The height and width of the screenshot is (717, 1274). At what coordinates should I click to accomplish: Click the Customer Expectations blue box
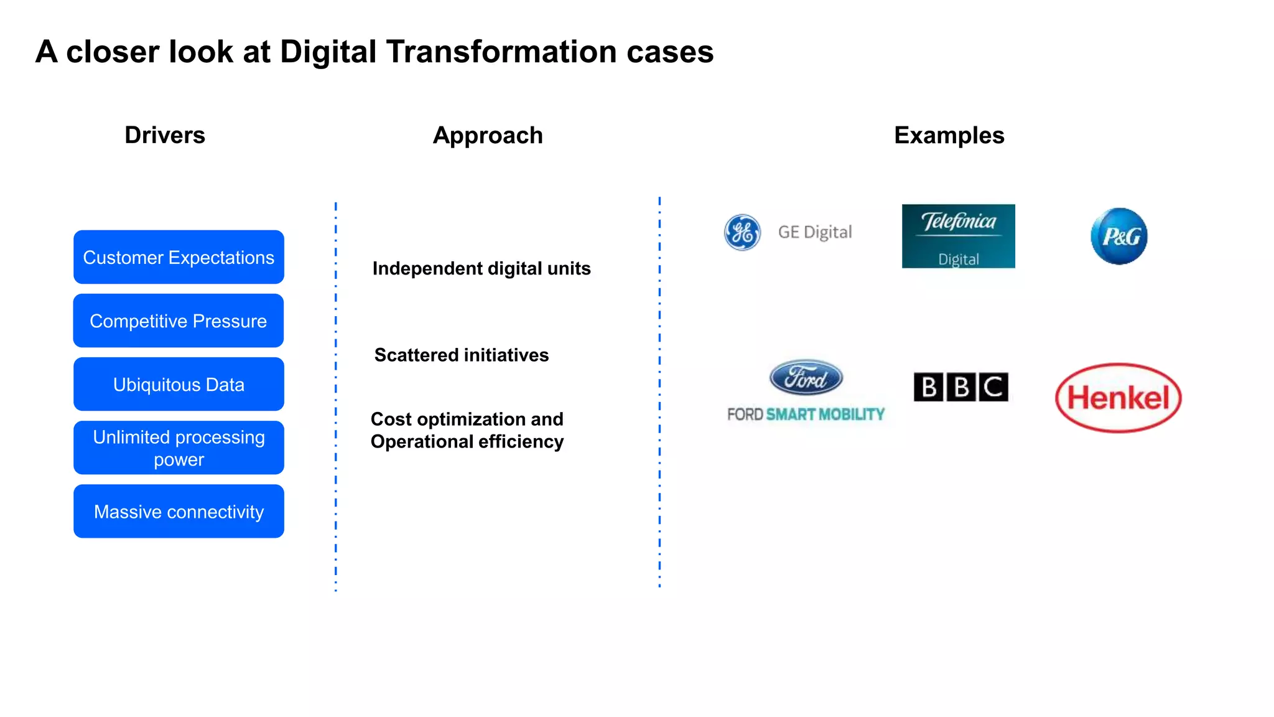point(179,257)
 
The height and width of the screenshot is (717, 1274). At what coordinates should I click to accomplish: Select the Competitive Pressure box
point(179,321)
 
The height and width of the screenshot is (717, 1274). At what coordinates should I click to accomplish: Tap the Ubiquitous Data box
point(179,384)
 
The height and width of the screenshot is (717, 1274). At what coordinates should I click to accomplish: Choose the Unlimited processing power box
point(179,448)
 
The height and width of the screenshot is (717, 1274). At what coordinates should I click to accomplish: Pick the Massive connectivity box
point(179,511)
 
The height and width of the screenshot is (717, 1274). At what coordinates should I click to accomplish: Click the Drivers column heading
point(165,135)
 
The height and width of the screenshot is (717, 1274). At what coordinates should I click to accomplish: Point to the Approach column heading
point(488,135)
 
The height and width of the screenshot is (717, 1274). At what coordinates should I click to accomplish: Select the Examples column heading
point(949,135)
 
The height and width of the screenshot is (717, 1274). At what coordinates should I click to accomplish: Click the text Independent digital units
point(481,268)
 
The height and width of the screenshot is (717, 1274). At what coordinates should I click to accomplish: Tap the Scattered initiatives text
point(461,355)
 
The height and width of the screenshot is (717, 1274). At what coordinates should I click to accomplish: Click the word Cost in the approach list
point(391,419)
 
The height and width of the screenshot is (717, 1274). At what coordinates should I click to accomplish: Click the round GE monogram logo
point(742,232)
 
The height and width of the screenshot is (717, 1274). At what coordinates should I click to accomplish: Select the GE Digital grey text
point(814,232)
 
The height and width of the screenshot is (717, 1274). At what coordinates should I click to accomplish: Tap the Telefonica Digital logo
point(958,236)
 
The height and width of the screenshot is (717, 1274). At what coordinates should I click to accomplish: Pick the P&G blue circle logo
point(1118,236)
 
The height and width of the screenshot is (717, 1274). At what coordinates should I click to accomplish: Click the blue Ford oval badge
point(806,377)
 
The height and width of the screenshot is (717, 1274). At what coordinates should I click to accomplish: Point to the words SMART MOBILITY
point(825,415)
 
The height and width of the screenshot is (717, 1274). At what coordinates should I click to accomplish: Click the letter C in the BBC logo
point(993,387)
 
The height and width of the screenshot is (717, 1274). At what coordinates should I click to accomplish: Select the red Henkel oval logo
point(1118,398)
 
